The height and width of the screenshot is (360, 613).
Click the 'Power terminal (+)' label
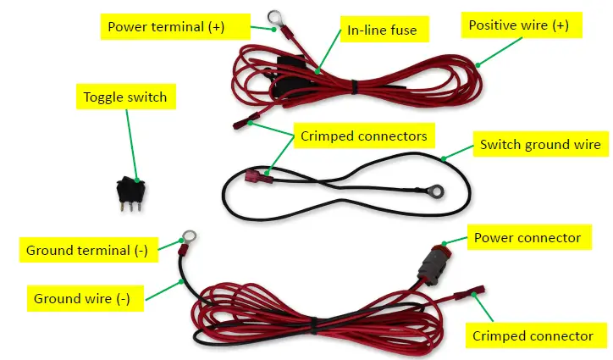point(167,26)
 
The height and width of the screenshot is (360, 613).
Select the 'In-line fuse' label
point(382,32)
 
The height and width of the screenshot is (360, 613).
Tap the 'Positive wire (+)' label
point(519,25)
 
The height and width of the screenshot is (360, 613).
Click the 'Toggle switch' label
point(124,97)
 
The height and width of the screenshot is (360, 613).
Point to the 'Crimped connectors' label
point(363,135)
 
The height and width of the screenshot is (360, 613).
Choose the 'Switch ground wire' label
point(539,145)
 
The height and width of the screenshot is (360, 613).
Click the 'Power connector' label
point(527,238)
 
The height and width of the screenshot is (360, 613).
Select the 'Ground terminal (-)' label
point(84,251)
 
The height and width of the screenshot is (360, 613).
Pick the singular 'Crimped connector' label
point(533,336)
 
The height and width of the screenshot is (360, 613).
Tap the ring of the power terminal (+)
point(273,15)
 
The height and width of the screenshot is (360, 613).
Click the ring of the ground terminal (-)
point(189,236)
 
